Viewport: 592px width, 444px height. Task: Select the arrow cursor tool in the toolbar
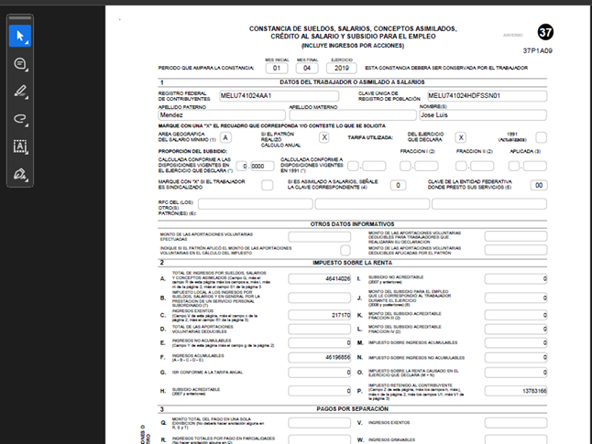[x=20, y=36]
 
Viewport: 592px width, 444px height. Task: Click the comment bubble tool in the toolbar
[x=20, y=63]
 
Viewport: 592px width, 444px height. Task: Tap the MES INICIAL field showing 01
[x=276, y=68]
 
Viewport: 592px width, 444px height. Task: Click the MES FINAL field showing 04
[x=308, y=68]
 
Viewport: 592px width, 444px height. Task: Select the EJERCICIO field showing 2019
[x=342, y=68]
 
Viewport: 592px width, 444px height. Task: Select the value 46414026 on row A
[x=332, y=277]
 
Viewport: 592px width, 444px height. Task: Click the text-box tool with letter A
[x=20, y=146]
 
